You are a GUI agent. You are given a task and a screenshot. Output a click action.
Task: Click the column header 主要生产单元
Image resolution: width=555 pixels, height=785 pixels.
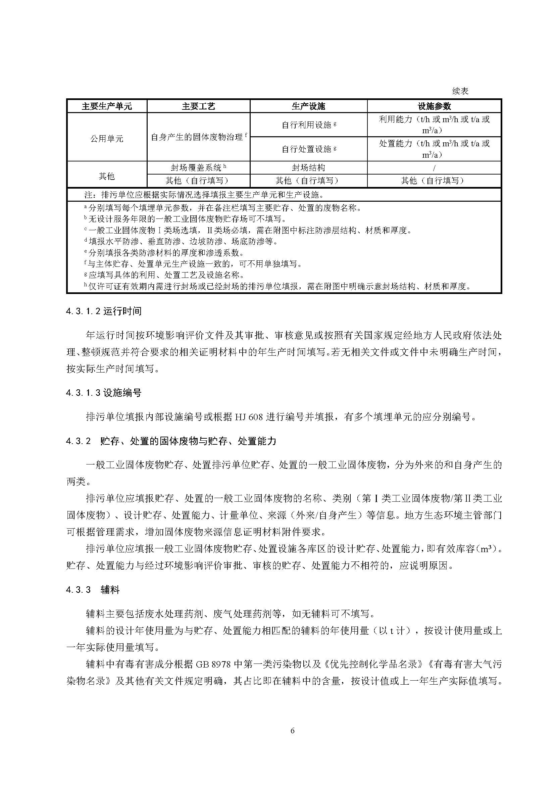(x=107, y=106)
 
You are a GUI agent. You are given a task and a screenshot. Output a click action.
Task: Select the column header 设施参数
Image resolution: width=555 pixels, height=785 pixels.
(x=434, y=106)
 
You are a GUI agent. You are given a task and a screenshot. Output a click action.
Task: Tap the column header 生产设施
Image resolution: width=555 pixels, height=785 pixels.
(x=308, y=106)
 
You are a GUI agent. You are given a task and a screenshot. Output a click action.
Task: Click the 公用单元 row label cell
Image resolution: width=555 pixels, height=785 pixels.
(x=107, y=139)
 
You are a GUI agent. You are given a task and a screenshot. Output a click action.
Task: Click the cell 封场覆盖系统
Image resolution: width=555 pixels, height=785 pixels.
(x=198, y=167)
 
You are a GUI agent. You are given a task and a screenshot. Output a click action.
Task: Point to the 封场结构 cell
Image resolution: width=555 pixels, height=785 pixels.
(x=308, y=167)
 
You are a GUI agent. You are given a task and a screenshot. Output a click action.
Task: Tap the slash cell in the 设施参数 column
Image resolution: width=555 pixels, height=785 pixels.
(x=434, y=168)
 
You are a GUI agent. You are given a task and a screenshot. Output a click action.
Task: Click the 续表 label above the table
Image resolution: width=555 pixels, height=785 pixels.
(x=460, y=91)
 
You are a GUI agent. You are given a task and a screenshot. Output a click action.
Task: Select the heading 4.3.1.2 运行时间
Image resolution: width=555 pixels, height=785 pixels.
(x=104, y=311)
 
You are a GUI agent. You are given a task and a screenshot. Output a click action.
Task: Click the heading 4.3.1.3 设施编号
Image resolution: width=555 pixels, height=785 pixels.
(x=104, y=393)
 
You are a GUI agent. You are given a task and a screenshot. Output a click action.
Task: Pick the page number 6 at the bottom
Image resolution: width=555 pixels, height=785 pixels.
(x=292, y=731)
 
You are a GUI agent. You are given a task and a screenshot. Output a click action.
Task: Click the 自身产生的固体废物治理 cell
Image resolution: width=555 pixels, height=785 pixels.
(x=198, y=138)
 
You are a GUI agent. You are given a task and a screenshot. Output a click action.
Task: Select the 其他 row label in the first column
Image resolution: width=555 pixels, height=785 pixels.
(x=107, y=177)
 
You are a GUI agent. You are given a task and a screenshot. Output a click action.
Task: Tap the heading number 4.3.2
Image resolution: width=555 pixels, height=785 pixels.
(x=79, y=441)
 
